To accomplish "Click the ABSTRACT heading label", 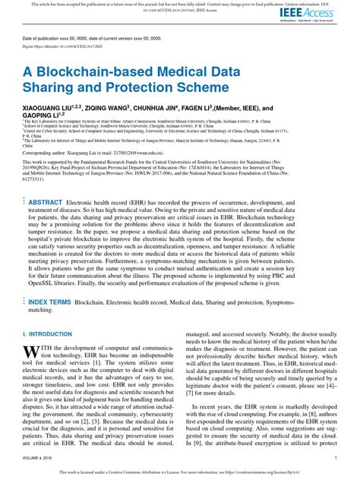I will pyautogui.click(x=46, y=203).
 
